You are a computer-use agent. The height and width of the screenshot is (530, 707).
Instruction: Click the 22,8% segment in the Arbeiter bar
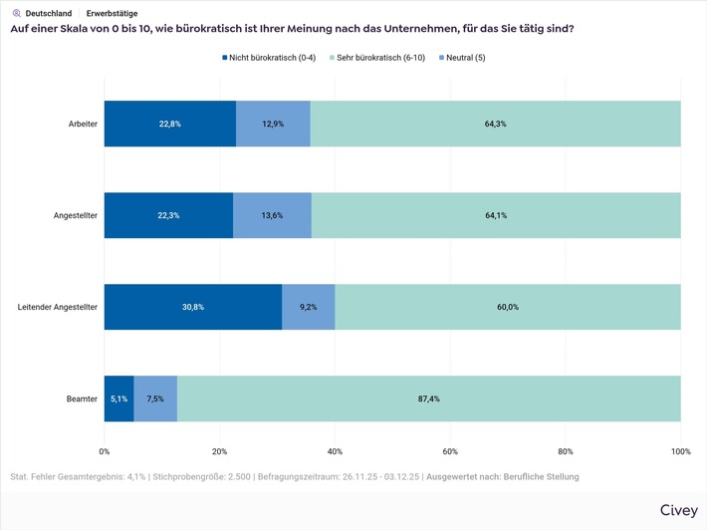tap(169, 124)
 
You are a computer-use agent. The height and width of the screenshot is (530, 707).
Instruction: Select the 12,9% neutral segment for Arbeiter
tap(273, 124)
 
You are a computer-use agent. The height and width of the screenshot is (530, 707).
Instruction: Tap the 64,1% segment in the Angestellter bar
tap(496, 215)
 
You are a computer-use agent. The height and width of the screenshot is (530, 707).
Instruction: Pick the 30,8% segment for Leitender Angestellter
tap(192, 307)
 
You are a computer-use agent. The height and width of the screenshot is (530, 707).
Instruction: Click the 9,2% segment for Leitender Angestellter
tap(309, 307)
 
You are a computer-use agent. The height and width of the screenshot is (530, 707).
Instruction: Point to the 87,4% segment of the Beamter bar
tap(429, 398)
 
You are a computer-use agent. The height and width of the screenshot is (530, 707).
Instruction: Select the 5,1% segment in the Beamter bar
tap(118, 398)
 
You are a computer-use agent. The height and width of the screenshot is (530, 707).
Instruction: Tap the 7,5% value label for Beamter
tap(155, 398)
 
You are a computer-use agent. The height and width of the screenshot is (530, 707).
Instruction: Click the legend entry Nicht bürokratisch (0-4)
tap(268, 58)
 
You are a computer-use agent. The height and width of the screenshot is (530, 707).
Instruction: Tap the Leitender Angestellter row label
tap(58, 307)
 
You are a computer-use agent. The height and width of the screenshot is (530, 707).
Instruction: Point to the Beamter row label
tap(81, 398)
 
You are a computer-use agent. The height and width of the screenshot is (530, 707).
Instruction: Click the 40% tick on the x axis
tap(335, 451)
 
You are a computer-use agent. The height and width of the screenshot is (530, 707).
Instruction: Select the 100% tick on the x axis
tap(680, 451)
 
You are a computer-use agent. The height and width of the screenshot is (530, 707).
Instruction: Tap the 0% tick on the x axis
tap(105, 451)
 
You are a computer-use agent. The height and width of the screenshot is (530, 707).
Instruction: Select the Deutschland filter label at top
tap(48, 14)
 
